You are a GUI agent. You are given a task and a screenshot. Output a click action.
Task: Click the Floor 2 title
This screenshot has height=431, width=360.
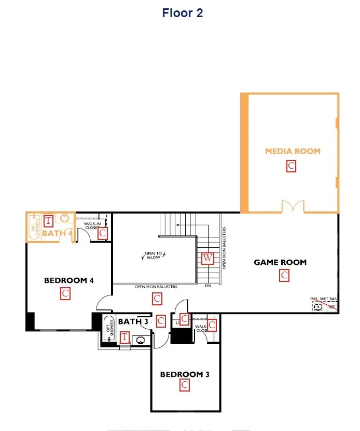pyautogui.click(x=182, y=13)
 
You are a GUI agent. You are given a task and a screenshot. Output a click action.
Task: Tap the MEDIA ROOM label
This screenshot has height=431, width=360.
pyautogui.click(x=293, y=151)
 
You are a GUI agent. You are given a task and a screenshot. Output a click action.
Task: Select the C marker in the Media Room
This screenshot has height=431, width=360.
pyautogui.click(x=292, y=166)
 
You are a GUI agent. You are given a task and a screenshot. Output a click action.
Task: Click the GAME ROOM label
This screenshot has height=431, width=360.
pyautogui.click(x=280, y=262)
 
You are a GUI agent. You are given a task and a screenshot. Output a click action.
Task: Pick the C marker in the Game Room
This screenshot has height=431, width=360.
pyautogui.click(x=284, y=276)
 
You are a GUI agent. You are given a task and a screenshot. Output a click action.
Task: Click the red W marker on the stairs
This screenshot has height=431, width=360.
pyautogui.click(x=207, y=258)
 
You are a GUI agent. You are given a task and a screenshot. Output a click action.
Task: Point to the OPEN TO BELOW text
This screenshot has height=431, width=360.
pyautogui.click(x=153, y=255)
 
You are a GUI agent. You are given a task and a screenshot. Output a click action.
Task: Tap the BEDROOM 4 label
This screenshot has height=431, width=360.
pyautogui.click(x=68, y=280)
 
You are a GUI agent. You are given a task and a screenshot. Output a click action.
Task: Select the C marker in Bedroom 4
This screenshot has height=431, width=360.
pyautogui.click(x=65, y=294)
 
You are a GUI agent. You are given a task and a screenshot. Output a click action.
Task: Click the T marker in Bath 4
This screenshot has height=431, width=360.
pyautogui.click(x=48, y=221)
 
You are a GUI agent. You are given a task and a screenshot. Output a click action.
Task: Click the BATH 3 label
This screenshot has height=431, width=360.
pyautogui.click(x=133, y=321)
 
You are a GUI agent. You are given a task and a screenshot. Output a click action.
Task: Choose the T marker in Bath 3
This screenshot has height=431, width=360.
pyautogui.click(x=124, y=338)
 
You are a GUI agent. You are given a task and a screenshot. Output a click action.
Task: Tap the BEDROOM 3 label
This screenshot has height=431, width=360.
pyautogui.click(x=185, y=374)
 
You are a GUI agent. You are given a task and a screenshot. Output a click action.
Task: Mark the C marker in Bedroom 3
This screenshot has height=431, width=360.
pyautogui.click(x=184, y=385)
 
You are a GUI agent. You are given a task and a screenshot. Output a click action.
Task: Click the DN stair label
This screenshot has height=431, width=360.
pyautogui.click(x=208, y=286)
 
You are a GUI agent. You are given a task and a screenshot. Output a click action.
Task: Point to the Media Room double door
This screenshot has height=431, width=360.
pyautogui.click(x=291, y=207)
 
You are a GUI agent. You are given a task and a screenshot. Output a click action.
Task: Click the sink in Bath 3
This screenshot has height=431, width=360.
pyautogui.click(x=141, y=341)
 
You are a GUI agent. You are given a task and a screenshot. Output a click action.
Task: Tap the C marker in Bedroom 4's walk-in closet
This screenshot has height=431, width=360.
pyautogui.click(x=103, y=233)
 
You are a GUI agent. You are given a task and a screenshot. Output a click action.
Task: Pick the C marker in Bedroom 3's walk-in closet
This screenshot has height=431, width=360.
pyautogui.click(x=212, y=326)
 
